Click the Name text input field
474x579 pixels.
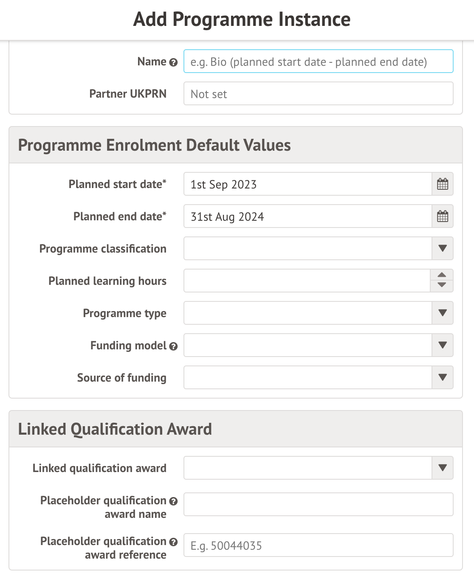(x=318, y=62)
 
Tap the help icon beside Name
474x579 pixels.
(x=173, y=62)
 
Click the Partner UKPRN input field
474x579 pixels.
(x=318, y=94)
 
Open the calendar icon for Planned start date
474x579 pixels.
(x=443, y=184)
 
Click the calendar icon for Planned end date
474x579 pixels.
(x=443, y=216)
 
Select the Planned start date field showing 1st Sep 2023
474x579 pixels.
(x=308, y=184)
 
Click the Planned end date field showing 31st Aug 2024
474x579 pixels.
(x=308, y=216)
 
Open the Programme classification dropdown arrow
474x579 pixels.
(x=443, y=249)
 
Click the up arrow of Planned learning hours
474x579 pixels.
(x=442, y=275)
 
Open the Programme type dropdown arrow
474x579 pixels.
(x=443, y=313)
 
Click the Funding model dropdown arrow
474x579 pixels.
(x=443, y=346)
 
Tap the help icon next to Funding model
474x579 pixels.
(x=173, y=346)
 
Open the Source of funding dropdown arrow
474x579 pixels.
(x=443, y=378)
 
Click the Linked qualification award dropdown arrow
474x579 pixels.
(x=443, y=468)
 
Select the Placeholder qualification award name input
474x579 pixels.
(x=318, y=504)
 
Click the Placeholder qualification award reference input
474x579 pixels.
(x=318, y=545)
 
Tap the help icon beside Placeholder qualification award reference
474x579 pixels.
(x=173, y=542)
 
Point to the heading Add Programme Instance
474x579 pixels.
(x=242, y=20)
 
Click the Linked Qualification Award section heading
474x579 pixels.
(x=115, y=429)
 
